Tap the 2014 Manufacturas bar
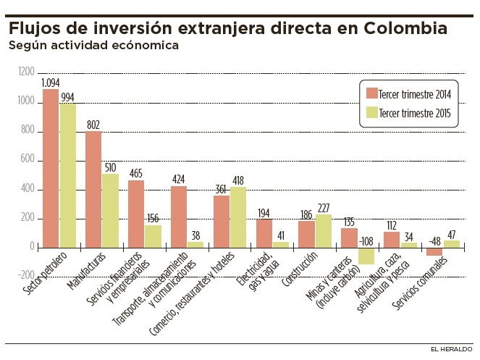[93, 189]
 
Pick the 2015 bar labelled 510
[111, 210]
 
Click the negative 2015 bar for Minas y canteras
[366, 256]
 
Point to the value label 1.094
[51, 83]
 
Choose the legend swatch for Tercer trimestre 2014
[372, 93]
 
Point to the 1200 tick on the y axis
[26, 72]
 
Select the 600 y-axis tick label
[27, 159]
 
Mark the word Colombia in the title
[395, 29]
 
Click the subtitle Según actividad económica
[93, 46]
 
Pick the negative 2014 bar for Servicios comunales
[434, 251]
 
